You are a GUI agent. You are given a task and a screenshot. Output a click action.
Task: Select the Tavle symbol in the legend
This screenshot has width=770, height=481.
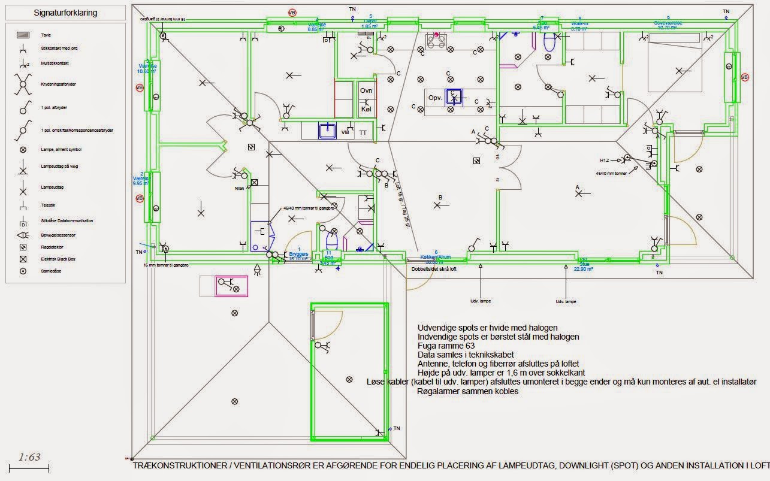coord(23,35)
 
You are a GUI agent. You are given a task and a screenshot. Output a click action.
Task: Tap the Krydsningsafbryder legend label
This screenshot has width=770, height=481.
coord(59,84)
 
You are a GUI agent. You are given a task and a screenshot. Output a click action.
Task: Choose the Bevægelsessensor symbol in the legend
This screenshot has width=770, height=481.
coord(23,235)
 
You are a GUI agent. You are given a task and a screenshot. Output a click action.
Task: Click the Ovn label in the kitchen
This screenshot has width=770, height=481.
coord(366,90)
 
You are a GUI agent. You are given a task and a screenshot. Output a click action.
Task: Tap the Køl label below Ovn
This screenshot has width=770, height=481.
coord(366,110)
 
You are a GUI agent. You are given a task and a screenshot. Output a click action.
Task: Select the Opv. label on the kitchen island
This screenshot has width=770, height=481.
coord(434,98)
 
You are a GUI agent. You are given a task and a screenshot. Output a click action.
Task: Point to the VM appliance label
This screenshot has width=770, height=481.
coord(345,132)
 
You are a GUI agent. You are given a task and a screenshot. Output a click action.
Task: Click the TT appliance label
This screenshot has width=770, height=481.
coord(363,132)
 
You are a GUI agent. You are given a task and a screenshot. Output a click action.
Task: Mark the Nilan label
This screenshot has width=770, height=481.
coord(240,188)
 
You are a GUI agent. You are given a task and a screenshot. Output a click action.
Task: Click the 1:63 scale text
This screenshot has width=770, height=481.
coord(29,457)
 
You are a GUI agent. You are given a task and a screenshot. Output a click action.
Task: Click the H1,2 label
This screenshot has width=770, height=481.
coord(605,161)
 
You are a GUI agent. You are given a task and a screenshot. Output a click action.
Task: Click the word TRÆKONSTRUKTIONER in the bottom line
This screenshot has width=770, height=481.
coord(174,465)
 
